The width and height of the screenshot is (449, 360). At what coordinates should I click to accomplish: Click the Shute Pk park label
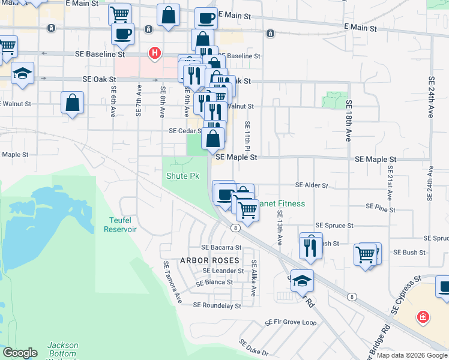click(x=182, y=176)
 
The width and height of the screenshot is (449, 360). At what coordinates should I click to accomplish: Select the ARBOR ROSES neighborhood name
click(x=209, y=260)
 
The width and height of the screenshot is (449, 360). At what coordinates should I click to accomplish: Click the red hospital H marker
click(x=155, y=54)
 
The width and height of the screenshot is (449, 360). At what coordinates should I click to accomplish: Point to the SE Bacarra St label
click(x=221, y=247)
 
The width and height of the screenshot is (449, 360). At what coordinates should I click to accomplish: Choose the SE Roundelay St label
click(x=217, y=305)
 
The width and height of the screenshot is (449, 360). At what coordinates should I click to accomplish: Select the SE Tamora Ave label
click(x=172, y=281)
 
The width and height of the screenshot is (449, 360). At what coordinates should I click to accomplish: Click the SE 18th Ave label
click(x=348, y=120)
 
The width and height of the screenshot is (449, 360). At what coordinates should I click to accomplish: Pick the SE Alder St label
click(x=312, y=186)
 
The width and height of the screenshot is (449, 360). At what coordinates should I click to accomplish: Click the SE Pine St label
click(x=381, y=208)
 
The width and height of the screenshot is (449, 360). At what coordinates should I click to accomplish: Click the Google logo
click(x=20, y=353)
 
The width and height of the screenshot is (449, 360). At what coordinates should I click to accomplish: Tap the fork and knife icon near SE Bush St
click(x=310, y=247)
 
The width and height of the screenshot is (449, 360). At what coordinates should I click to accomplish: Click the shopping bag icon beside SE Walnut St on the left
click(x=72, y=101)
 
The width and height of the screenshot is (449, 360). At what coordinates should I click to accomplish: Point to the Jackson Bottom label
click(x=62, y=349)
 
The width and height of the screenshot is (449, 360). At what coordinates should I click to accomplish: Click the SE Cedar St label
click(x=185, y=131)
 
